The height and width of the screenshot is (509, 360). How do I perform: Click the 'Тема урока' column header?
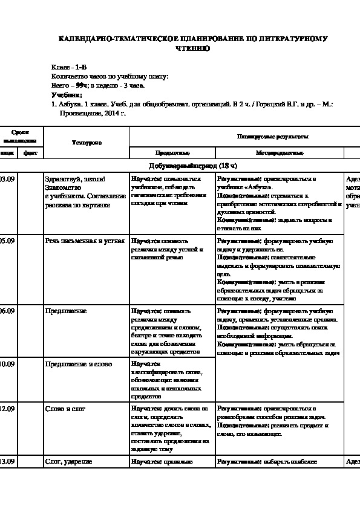87,142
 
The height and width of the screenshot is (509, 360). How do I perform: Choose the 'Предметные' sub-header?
172,154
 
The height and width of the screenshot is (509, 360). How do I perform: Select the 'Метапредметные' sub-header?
279,154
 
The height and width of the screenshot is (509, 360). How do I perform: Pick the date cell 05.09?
7,241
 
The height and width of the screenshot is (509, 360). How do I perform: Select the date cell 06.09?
7,311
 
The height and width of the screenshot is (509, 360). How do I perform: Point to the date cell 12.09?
7,409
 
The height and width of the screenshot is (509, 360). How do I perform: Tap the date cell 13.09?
7,462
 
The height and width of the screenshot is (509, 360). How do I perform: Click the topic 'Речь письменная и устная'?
85,241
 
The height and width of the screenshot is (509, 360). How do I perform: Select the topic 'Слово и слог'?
65,409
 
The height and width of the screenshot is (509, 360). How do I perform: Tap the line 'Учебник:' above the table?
67,95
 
